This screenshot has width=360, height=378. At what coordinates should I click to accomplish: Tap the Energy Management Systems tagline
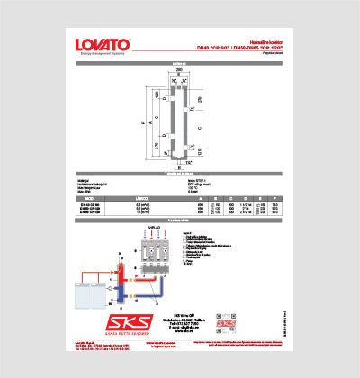[102, 54]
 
